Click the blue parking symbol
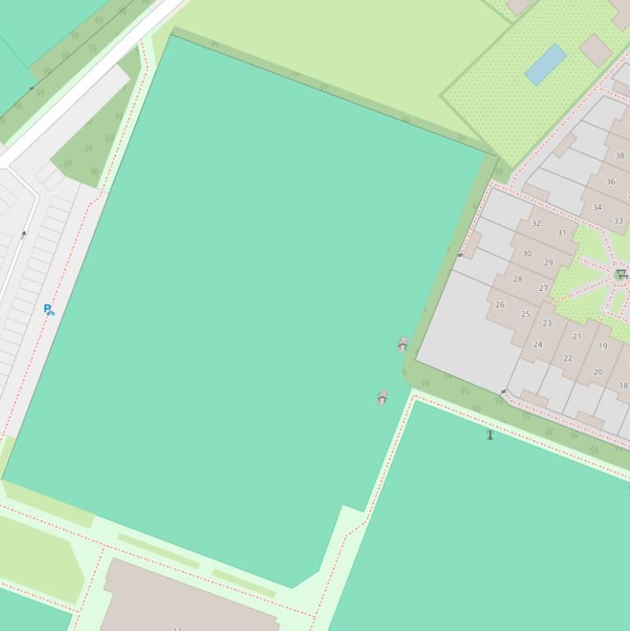pyautogui.click(x=48, y=309)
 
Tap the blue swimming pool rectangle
pyautogui.click(x=546, y=64)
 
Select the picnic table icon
pyautogui.click(x=622, y=275)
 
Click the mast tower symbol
pyautogui.click(x=490, y=434)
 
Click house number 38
pyautogui.click(x=619, y=156)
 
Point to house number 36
pyautogui.click(x=610, y=182)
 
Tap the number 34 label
pyautogui.click(x=597, y=207)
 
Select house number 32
pyautogui.click(x=536, y=223)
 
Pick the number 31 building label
pyautogui.click(x=562, y=233)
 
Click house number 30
pyautogui.click(x=527, y=254)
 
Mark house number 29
pyautogui.click(x=548, y=263)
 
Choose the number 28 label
pyautogui.click(x=518, y=279)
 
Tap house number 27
pyautogui.click(x=543, y=288)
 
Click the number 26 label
pyautogui.click(x=500, y=305)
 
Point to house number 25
pyautogui.click(x=525, y=314)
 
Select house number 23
pyautogui.click(x=546, y=324)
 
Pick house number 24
pyautogui.click(x=537, y=344)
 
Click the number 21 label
pyautogui.click(x=577, y=337)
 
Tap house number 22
pyautogui.click(x=568, y=358)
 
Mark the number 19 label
pyautogui.click(x=602, y=346)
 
